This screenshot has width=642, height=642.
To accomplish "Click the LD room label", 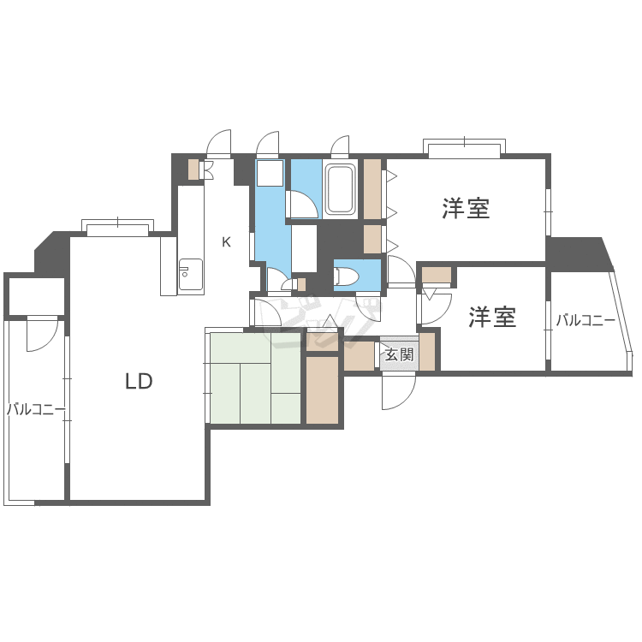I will coord(139,382).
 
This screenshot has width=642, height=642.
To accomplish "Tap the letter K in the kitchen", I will coord(226,242).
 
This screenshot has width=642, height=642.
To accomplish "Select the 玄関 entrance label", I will coord(398,354).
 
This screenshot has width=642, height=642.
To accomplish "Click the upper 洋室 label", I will coord(466,208).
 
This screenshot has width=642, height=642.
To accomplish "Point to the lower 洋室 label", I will coord(491,318).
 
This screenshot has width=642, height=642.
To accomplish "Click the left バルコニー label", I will coord(36,409).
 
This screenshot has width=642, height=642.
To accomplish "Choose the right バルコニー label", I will coord(586,321).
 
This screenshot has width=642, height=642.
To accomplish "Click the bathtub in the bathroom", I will coord(340,189).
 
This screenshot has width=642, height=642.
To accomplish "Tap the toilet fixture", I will coord(348,276).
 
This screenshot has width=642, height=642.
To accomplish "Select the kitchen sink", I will coord(190,275).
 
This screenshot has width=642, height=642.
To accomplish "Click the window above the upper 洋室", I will coord(463,151).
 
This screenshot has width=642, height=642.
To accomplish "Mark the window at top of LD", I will coord(117,229).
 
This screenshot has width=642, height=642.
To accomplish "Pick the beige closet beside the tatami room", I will coord(322,389).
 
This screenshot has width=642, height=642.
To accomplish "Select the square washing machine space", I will coord(270,174).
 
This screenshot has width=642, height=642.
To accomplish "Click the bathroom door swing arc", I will coord(301,205).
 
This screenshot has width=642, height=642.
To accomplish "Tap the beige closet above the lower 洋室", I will coord(437,275).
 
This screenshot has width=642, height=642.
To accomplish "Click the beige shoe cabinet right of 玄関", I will coord(426,351).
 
